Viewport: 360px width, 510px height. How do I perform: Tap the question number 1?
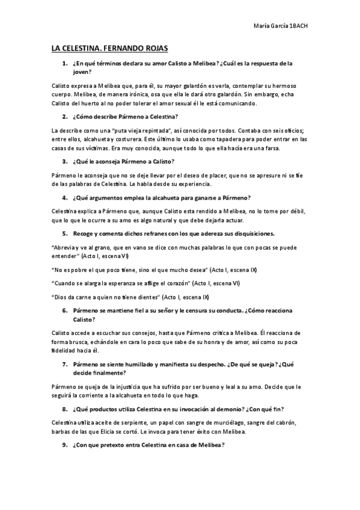coord(64,63)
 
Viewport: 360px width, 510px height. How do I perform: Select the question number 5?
coord(64,233)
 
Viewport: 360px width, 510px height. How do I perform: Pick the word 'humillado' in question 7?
coord(135,364)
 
